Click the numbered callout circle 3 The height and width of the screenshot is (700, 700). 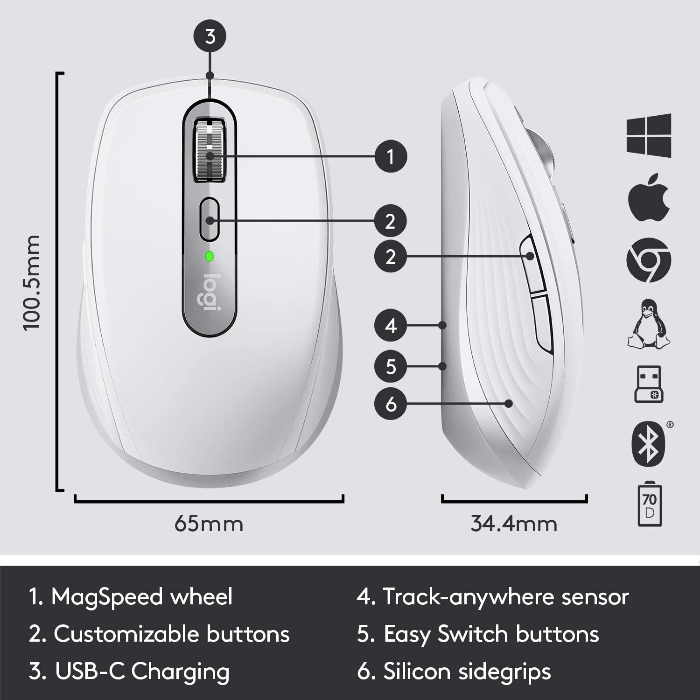coord(210,36)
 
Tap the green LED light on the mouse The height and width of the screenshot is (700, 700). coord(210,256)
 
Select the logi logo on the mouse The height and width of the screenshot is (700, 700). coord(209,292)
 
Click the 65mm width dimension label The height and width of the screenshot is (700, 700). coord(209,524)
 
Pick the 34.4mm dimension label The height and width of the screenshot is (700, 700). coord(514,524)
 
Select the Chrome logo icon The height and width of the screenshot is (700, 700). coord(649,260)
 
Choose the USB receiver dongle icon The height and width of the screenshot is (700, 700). coord(649,384)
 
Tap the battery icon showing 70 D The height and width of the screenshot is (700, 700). coord(649,505)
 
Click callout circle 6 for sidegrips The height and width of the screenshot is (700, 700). coord(391,403)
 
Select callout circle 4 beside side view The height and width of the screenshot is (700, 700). coord(391,325)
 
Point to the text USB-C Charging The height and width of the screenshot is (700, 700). coord(142,672)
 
